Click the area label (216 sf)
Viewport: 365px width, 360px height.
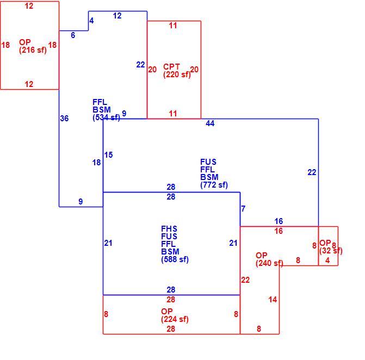click(33, 50)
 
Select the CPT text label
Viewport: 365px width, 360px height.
click(171, 66)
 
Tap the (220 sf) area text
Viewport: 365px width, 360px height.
click(177, 75)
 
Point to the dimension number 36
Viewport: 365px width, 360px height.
click(64, 118)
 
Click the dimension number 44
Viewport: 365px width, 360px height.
click(210, 123)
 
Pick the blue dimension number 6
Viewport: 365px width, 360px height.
click(73, 35)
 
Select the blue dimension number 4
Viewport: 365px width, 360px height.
click(91, 21)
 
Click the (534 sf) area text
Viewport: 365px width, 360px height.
click(107, 117)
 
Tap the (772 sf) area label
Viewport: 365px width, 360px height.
click(214, 185)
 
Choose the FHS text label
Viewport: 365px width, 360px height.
click(169, 228)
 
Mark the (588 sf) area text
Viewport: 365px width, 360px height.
click(175, 259)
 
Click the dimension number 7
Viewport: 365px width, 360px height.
click(243, 208)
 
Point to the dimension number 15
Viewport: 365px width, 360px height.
click(108, 155)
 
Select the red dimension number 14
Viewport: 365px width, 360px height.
click(273, 300)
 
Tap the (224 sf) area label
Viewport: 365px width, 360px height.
click(175, 319)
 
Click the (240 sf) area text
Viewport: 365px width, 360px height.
click(269, 263)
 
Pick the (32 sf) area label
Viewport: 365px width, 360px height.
click(331, 251)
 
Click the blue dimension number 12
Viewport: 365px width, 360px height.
click(117, 16)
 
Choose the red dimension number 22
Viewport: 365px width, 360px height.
click(245, 280)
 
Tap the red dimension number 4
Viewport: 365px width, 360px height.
click(327, 260)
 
